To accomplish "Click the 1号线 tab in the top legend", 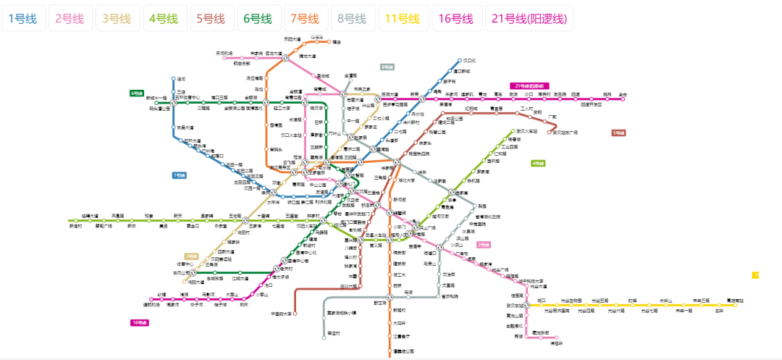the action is tap(22, 18).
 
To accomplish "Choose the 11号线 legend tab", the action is tap(402, 18).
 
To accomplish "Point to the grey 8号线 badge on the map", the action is tap(387, 67).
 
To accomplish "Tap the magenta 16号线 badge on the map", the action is tap(139, 322).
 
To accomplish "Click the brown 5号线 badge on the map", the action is tap(618, 133).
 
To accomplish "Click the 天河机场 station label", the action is tap(224, 53).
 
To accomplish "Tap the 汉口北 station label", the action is tap(469, 61).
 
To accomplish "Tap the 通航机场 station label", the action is tap(151, 305).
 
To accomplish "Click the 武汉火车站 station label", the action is tap(537, 131).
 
